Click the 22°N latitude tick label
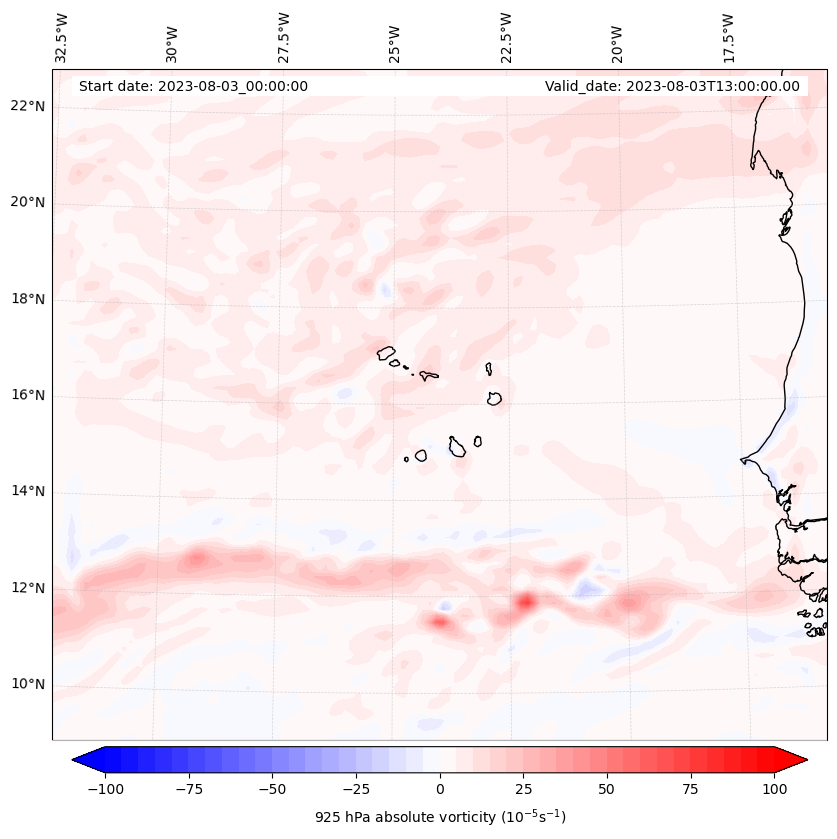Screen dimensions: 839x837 28,106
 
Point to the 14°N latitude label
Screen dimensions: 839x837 28,491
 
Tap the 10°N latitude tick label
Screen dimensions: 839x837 28,684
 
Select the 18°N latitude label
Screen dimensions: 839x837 28,299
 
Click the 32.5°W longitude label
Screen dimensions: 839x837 62,38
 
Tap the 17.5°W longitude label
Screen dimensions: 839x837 727,38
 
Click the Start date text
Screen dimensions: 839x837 193,86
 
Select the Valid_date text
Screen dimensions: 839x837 672,86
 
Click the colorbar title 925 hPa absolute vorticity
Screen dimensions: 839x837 440,817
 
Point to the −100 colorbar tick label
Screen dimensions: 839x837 106,789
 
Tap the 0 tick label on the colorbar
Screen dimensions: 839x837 440,789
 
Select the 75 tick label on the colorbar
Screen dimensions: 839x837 690,789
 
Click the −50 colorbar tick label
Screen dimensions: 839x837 273,789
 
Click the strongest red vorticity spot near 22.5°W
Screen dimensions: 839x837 525,601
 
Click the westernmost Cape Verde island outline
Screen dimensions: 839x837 386,352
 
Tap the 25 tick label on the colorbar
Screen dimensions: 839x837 523,789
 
